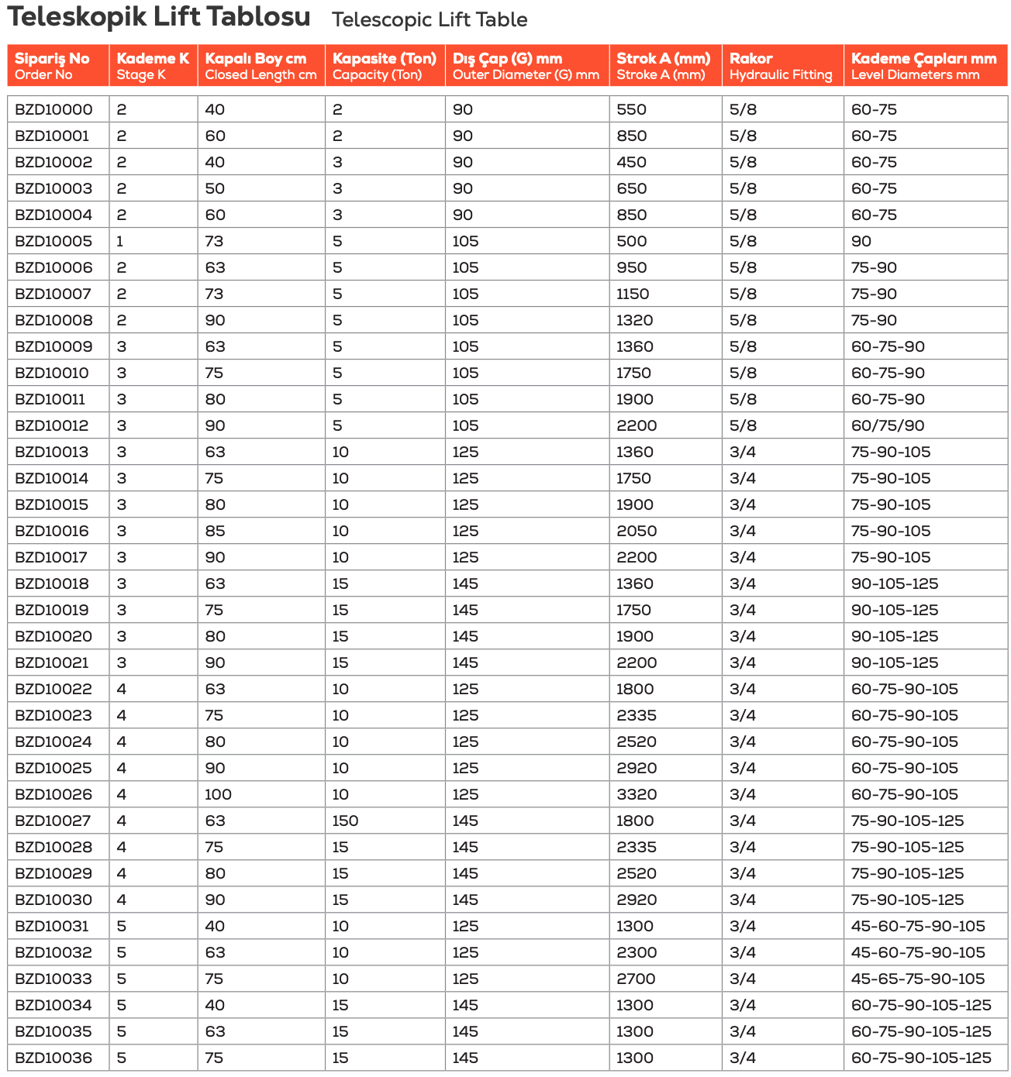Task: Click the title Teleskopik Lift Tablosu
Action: click(158, 17)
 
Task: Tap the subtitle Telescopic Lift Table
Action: click(430, 20)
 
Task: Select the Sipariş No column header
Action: click(52, 66)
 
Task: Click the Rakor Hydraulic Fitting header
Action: click(781, 66)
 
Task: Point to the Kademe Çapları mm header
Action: click(923, 66)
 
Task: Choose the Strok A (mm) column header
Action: click(663, 66)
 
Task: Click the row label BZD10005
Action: click(53, 241)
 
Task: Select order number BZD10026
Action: click(53, 794)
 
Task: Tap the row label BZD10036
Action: click(53, 1058)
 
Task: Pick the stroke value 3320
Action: click(637, 794)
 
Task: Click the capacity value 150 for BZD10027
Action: click(345, 821)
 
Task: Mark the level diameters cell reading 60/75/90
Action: click(888, 425)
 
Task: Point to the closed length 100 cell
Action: click(218, 794)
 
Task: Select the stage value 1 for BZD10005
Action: click(120, 241)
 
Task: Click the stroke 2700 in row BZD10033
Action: click(637, 979)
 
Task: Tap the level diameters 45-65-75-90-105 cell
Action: click(918, 979)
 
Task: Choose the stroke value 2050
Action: click(637, 531)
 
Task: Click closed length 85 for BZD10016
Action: click(215, 531)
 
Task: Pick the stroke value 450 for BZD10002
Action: click(631, 162)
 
